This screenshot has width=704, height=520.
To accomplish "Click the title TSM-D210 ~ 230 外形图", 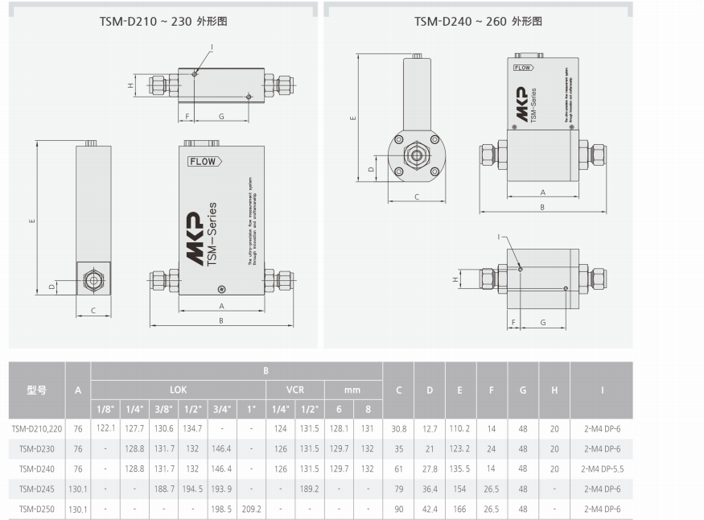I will point(163,22).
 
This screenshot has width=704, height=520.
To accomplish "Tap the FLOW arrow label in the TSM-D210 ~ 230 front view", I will point(204,162).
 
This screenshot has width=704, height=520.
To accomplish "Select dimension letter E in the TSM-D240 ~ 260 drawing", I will point(352,118).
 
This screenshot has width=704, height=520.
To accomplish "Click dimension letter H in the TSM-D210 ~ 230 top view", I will point(130,85).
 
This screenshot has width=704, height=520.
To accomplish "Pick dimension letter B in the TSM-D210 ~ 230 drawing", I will point(221,321).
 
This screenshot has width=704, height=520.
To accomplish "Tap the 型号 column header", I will point(37,390).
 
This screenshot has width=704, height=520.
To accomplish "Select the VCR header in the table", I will point(294,389).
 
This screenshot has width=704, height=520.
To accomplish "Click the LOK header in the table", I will point(178,389).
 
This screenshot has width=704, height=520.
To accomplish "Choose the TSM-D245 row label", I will point(37,489).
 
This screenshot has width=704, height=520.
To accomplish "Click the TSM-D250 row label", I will point(37,509).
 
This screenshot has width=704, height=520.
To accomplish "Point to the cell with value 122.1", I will point(106,428).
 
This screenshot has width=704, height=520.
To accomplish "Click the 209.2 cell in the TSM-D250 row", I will point(251,509).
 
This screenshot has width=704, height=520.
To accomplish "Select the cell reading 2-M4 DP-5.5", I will point(601,468).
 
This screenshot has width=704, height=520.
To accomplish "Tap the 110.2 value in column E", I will point(460,428).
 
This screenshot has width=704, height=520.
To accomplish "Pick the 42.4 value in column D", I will point(430,509).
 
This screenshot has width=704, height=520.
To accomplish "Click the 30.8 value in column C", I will point(398,428).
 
